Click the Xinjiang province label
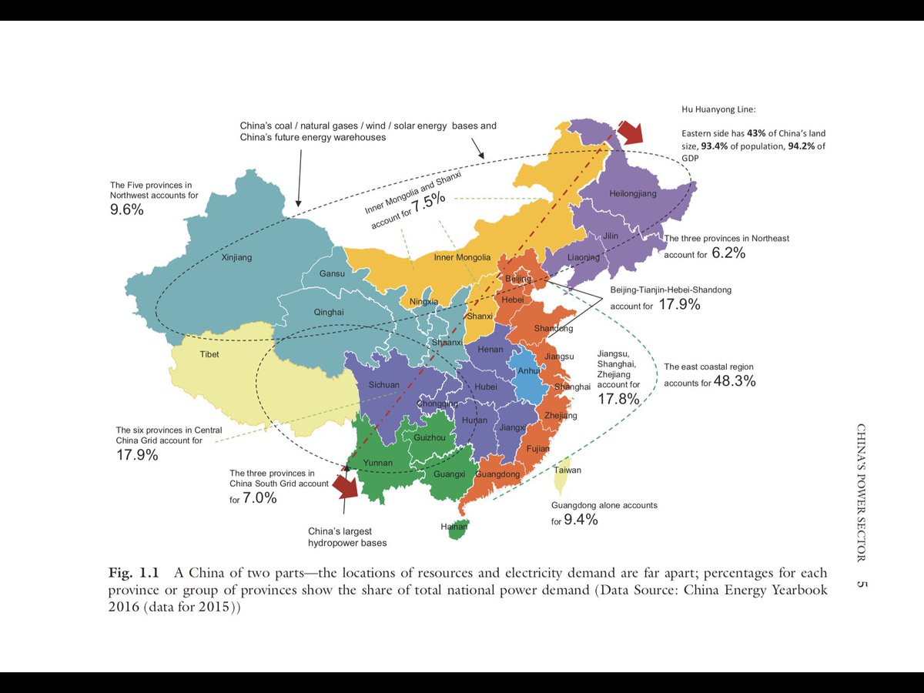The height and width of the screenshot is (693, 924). tap(236, 257)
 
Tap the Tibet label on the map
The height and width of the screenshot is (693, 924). tap(209, 354)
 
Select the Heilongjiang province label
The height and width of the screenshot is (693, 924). tap(633, 193)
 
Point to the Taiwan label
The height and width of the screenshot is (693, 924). tap(567, 470)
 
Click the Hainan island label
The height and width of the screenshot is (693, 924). tap(454, 527)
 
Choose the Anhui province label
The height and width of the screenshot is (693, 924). tap(529, 370)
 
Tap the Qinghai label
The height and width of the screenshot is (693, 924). tap(329, 312)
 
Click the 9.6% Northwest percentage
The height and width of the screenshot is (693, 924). tap(127, 209)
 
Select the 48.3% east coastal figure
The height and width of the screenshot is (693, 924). tap(735, 381)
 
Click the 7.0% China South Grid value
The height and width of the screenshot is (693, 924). tap(259, 498)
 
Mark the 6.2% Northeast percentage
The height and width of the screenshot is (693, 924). tap(728, 253)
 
